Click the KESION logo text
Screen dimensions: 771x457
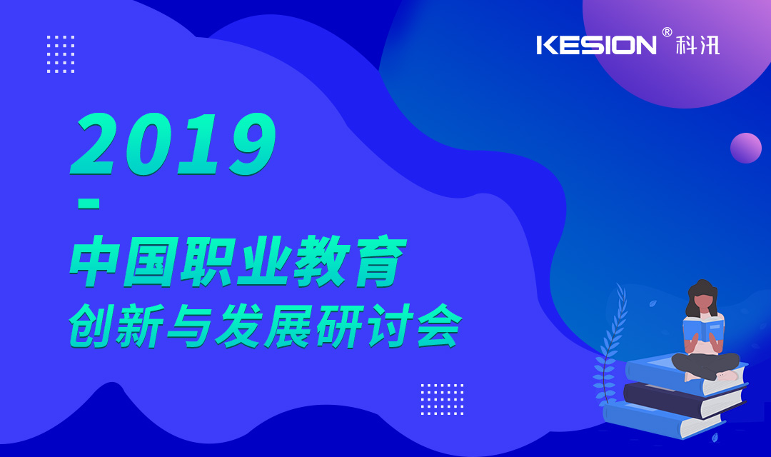click(596, 45)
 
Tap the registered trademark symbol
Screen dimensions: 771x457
click(667, 32)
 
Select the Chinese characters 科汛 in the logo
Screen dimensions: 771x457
click(697, 45)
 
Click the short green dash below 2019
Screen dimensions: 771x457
click(89, 204)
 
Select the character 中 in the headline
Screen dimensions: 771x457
click(94, 261)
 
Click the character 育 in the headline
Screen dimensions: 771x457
click(378, 261)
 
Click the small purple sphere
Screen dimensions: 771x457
click(746, 148)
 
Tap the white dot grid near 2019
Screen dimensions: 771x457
click(61, 54)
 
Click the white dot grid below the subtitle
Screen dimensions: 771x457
click(442, 399)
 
